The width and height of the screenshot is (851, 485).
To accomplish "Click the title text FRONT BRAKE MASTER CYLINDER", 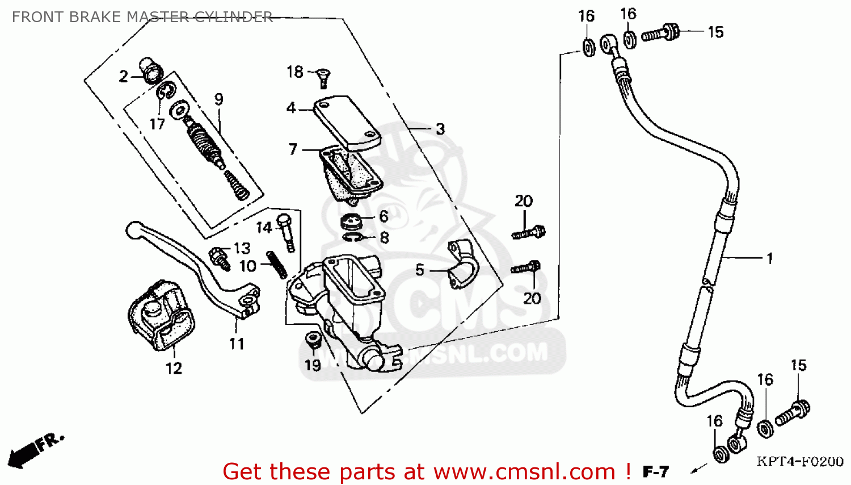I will [x=142, y=17].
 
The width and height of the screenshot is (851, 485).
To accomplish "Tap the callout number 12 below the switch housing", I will [x=174, y=369].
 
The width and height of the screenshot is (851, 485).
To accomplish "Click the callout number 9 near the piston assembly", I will [x=219, y=99].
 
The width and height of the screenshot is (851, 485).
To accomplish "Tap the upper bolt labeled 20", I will [x=529, y=232].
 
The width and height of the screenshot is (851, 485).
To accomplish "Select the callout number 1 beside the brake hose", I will [x=769, y=258].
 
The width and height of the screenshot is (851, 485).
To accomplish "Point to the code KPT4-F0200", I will [x=800, y=461].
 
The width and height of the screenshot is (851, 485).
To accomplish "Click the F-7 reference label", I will [x=655, y=471].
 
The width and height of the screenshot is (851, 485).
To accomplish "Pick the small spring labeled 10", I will [x=277, y=265].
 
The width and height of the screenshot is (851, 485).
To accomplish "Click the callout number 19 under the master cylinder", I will [x=313, y=365].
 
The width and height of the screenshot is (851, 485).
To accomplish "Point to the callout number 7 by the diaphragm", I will [x=293, y=149].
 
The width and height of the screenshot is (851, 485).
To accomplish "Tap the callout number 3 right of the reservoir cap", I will [x=440, y=129].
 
